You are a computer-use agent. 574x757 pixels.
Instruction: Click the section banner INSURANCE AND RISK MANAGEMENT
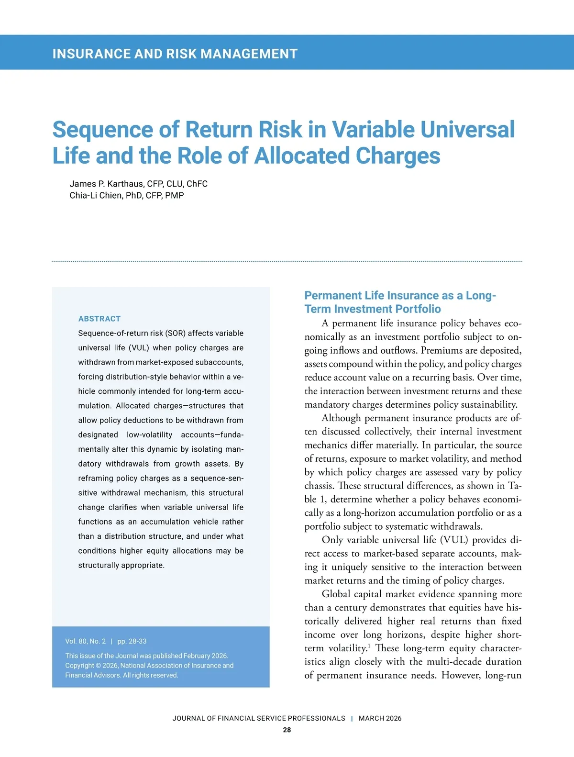[175, 54]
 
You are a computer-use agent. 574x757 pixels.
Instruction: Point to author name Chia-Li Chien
[95, 195]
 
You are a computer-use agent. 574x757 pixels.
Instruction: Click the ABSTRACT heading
[99, 319]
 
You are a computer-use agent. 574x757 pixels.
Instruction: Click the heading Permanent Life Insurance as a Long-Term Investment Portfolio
[400, 302]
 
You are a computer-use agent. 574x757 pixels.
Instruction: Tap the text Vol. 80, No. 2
[86, 641]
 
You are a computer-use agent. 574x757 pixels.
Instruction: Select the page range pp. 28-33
[132, 641]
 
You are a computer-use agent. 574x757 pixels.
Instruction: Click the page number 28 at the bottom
[287, 730]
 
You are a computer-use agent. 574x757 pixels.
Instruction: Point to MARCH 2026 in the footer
[380, 718]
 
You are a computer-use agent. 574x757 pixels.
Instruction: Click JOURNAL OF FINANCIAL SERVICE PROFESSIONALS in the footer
[259, 718]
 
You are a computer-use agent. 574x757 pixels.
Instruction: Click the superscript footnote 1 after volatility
[369, 646]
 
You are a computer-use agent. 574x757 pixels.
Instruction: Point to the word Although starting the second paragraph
[341, 418]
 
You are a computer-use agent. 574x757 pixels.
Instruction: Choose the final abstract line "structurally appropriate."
[121, 566]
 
